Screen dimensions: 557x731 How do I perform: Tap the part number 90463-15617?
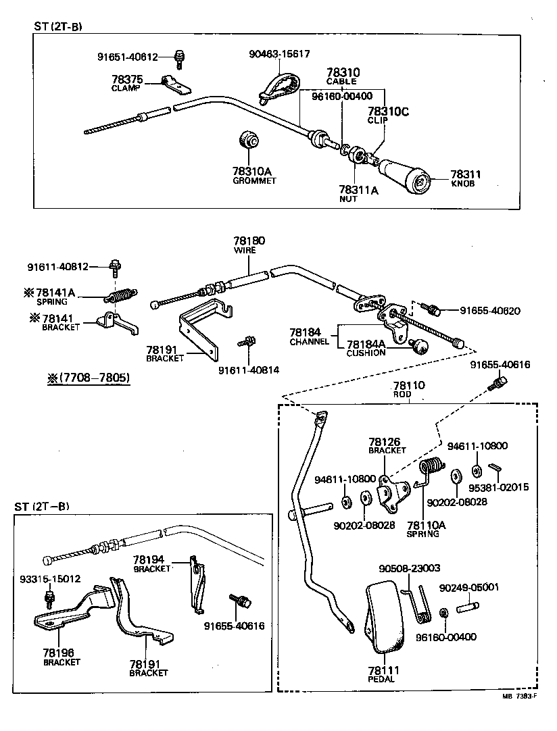point(279,54)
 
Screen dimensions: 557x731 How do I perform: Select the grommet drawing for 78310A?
point(248,139)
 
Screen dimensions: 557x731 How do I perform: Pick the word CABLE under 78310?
point(341,81)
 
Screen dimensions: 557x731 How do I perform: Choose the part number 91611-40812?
point(58,267)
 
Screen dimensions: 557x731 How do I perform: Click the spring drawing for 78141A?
point(122,295)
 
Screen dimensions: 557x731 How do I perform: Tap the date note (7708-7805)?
point(89,377)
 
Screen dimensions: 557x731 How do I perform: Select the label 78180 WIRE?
point(249,245)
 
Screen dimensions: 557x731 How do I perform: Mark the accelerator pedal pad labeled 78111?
point(385,614)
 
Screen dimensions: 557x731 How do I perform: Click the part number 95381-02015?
point(499,488)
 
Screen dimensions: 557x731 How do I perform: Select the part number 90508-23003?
point(410,568)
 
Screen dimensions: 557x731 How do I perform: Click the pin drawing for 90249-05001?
point(467,607)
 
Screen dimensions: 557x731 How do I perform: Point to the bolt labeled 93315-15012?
point(49,598)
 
